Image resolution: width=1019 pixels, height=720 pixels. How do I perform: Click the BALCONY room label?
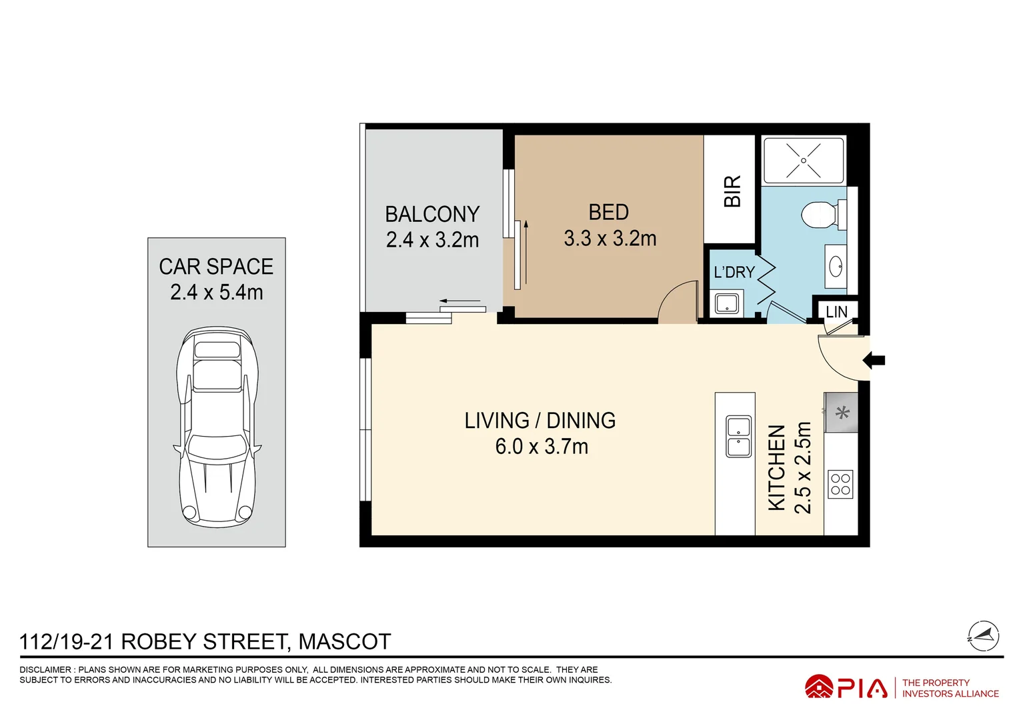pyautogui.click(x=432, y=214)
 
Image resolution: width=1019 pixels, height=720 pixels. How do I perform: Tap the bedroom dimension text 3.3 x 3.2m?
pyautogui.click(x=610, y=239)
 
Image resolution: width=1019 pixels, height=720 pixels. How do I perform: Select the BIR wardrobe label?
pyautogui.click(x=732, y=191)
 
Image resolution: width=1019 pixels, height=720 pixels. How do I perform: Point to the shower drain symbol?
pyautogui.click(x=804, y=161)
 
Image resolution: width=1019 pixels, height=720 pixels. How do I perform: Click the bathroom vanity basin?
pyautogui.click(x=836, y=268)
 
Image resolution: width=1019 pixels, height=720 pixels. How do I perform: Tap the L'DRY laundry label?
pyautogui.click(x=734, y=272)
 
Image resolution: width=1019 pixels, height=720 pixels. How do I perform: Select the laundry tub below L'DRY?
pyautogui.click(x=726, y=304)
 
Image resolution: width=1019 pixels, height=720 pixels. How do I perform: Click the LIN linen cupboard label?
pyautogui.click(x=836, y=311)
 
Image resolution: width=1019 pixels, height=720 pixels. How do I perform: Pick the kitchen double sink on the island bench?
pyautogui.click(x=738, y=437)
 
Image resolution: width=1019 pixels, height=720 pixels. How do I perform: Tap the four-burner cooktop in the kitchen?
pyautogui.click(x=840, y=485)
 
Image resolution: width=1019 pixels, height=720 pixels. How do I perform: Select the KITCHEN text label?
pyautogui.click(x=777, y=468)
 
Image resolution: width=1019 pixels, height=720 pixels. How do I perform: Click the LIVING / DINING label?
pyautogui.click(x=540, y=421)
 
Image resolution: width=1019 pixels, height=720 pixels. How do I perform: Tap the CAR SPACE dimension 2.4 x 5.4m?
pyautogui.click(x=217, y=292)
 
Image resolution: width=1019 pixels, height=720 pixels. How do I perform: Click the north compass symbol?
pyautogui.click(x=984, y=636)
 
